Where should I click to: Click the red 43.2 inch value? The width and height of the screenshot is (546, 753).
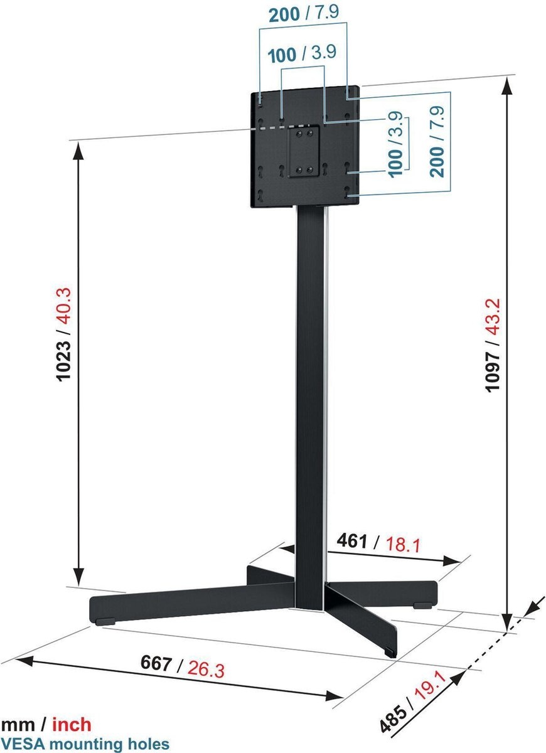coord(493,324)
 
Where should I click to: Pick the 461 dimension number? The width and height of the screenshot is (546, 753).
coord(352,540)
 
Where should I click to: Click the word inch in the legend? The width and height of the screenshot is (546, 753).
coord(71,725)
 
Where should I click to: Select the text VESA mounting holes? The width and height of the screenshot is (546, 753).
coord(85,744)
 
